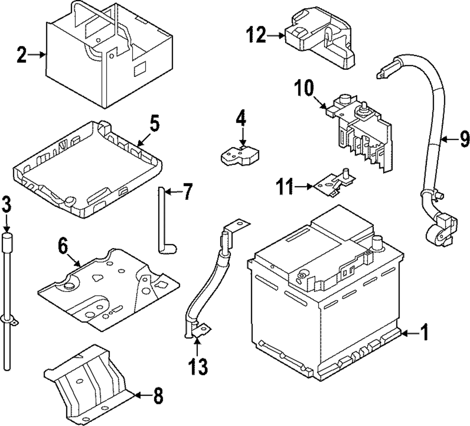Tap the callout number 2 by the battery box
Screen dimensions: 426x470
20,55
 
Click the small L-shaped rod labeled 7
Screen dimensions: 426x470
162,221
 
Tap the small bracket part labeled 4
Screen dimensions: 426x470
241,153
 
